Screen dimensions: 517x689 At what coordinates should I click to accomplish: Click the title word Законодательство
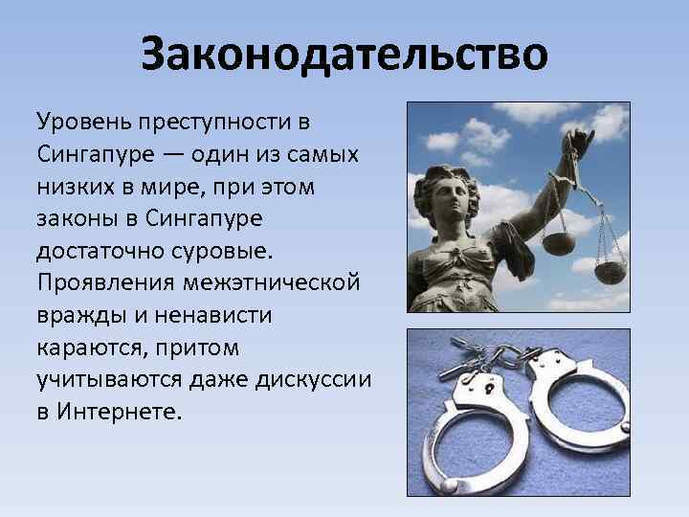[344, 55]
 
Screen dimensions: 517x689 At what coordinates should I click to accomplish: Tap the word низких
[76, 189]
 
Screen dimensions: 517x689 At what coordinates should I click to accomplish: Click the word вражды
[79, 318]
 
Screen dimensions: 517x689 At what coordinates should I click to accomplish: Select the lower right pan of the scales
[609, 272]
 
